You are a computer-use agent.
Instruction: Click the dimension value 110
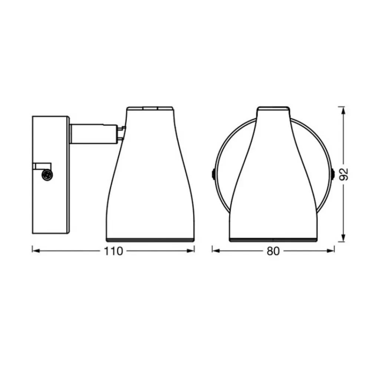(x=114, y=251)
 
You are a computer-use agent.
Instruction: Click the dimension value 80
(x=273, y=251)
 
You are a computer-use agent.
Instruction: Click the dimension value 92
(x=345, y=174)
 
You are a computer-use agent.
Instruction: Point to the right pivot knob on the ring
(x=333, y=174)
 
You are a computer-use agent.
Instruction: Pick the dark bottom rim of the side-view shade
(x=150, y=240)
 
